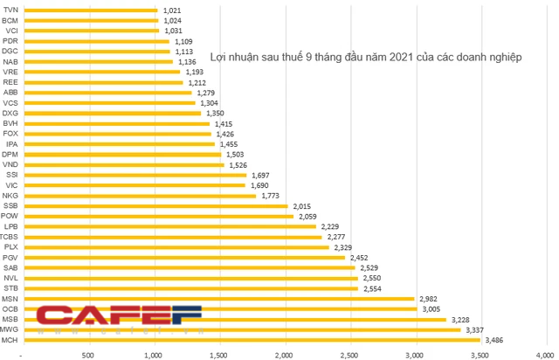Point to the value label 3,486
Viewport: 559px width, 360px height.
(493, 339)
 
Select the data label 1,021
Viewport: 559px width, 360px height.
(171, 10)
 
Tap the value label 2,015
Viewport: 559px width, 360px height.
(301, 205)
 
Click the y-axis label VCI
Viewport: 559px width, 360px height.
(11, 31)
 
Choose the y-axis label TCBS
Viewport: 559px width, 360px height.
(10, 236)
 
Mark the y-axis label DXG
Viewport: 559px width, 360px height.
(10, 113)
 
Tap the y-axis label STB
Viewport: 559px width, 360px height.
(10, 287)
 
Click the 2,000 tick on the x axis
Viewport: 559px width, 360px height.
(283, 354)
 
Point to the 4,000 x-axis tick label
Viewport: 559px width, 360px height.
(545, 354)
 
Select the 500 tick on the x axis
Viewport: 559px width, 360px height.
(87, 354)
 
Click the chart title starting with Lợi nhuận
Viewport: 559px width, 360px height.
(366, 57)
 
